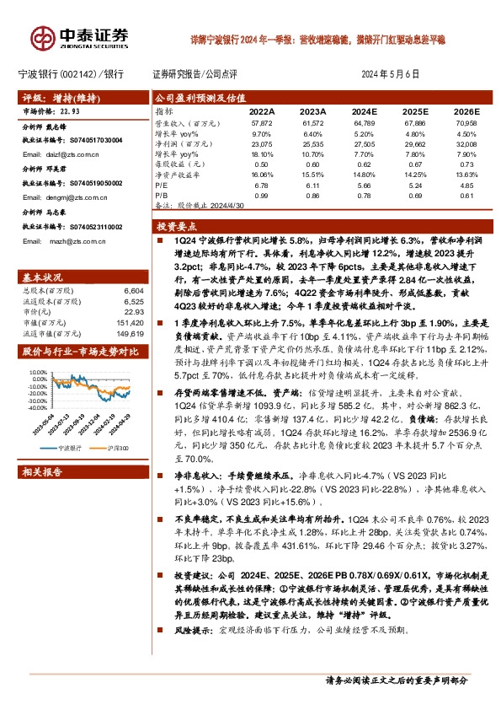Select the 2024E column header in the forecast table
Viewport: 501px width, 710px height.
[x=365, y=111]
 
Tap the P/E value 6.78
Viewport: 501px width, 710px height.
[x=260, y=185]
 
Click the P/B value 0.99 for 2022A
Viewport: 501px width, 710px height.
[x=260, y=195]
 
